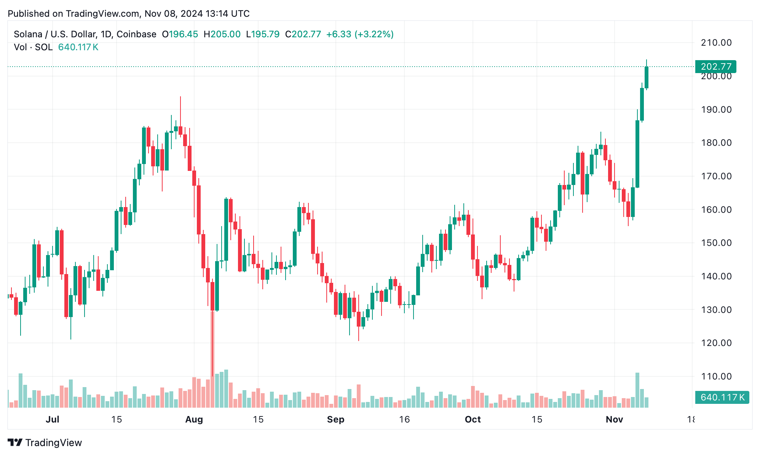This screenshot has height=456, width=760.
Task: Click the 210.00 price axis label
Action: [x=716, y=43]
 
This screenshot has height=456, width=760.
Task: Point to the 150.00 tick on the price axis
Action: [x=716, y=243]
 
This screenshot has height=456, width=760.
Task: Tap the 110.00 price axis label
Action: [x=716, y=376]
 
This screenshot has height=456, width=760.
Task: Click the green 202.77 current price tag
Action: [x=715, y=67]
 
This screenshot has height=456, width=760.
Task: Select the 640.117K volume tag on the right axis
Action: [x=722, y=397]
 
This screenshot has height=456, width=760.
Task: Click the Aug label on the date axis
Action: [x=194, y=419]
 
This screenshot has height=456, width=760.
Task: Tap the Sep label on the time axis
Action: [x=335, y=419]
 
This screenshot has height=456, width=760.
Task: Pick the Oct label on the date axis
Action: [x=473, y=419]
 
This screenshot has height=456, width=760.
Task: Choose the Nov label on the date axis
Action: [x=614, y=419]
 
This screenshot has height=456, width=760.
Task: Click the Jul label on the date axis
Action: [x=52, y=419]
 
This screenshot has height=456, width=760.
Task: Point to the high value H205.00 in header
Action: [x=222, y=34]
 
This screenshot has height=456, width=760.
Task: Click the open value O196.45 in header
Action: [x=180, y=34]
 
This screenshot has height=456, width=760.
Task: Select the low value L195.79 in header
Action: [x=263, y=34]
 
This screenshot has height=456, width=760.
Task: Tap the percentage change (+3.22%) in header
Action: [x=374, y=34]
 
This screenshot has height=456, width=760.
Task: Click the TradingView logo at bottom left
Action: [x=45, y=443]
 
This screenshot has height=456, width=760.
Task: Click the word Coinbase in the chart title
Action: [x=136, y=34]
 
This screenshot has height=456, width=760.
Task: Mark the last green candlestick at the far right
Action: [x=646, y=78]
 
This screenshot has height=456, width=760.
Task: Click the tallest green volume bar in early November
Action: [x=637, y=390]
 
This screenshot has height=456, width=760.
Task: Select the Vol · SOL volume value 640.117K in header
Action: [x=78, y=47]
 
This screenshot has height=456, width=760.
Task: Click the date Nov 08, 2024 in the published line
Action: [x=173, y=14]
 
